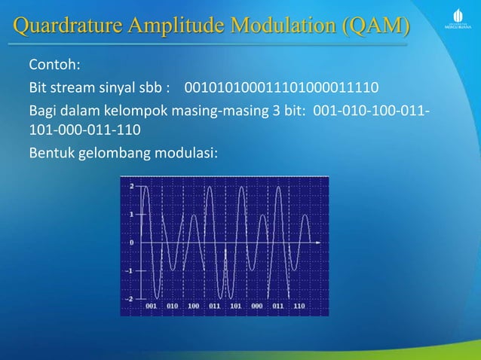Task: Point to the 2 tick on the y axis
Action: click(x=132, y=185)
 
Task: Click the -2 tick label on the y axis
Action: click(x=130, y=299)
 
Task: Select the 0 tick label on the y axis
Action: click(x=132, y=243)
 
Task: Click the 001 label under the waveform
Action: click(x=152, y=307)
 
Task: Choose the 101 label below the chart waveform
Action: click(x=235, y=307)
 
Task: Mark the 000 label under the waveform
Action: click(x=256, y=307)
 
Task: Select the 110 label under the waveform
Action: click(x=299, y=307)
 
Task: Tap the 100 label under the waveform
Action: click(x=194, y=307)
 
